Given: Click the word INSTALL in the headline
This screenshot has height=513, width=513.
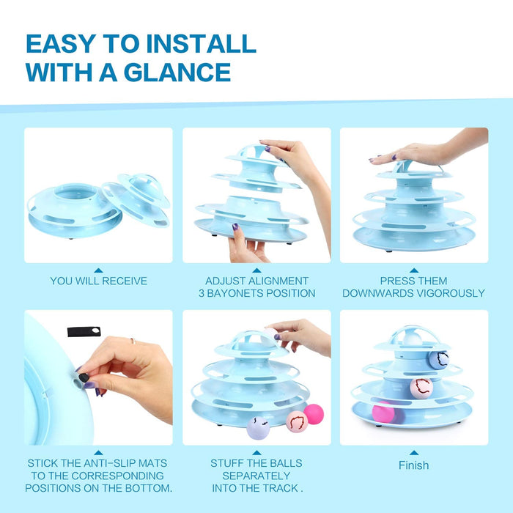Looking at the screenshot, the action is (201, 43).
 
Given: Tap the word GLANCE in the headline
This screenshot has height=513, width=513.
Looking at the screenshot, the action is (177, 72).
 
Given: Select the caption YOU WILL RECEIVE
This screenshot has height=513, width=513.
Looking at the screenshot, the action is (98, 281).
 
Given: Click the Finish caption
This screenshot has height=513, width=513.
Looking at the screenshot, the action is (413, 465).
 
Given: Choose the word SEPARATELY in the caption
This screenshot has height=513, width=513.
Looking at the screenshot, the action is (256, 476).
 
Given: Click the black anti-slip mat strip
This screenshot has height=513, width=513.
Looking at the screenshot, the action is (84, 331).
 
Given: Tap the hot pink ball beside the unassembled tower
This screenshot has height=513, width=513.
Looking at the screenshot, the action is (314, 414).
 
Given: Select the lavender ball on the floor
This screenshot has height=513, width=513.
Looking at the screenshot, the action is (258, 428).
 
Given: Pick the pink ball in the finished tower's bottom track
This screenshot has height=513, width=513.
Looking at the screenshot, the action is (383, 412).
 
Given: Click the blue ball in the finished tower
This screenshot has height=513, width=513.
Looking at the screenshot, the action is (439, 360).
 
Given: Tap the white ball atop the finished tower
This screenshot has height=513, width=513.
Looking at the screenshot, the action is (413, 339).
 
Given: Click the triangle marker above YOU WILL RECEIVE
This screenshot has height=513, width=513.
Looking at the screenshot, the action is (98, 270).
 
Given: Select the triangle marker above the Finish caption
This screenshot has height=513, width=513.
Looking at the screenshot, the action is (414, 453).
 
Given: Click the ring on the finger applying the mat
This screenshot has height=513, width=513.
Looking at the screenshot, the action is (133, 341).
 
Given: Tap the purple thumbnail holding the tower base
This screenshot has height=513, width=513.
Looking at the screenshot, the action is (235, 226).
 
